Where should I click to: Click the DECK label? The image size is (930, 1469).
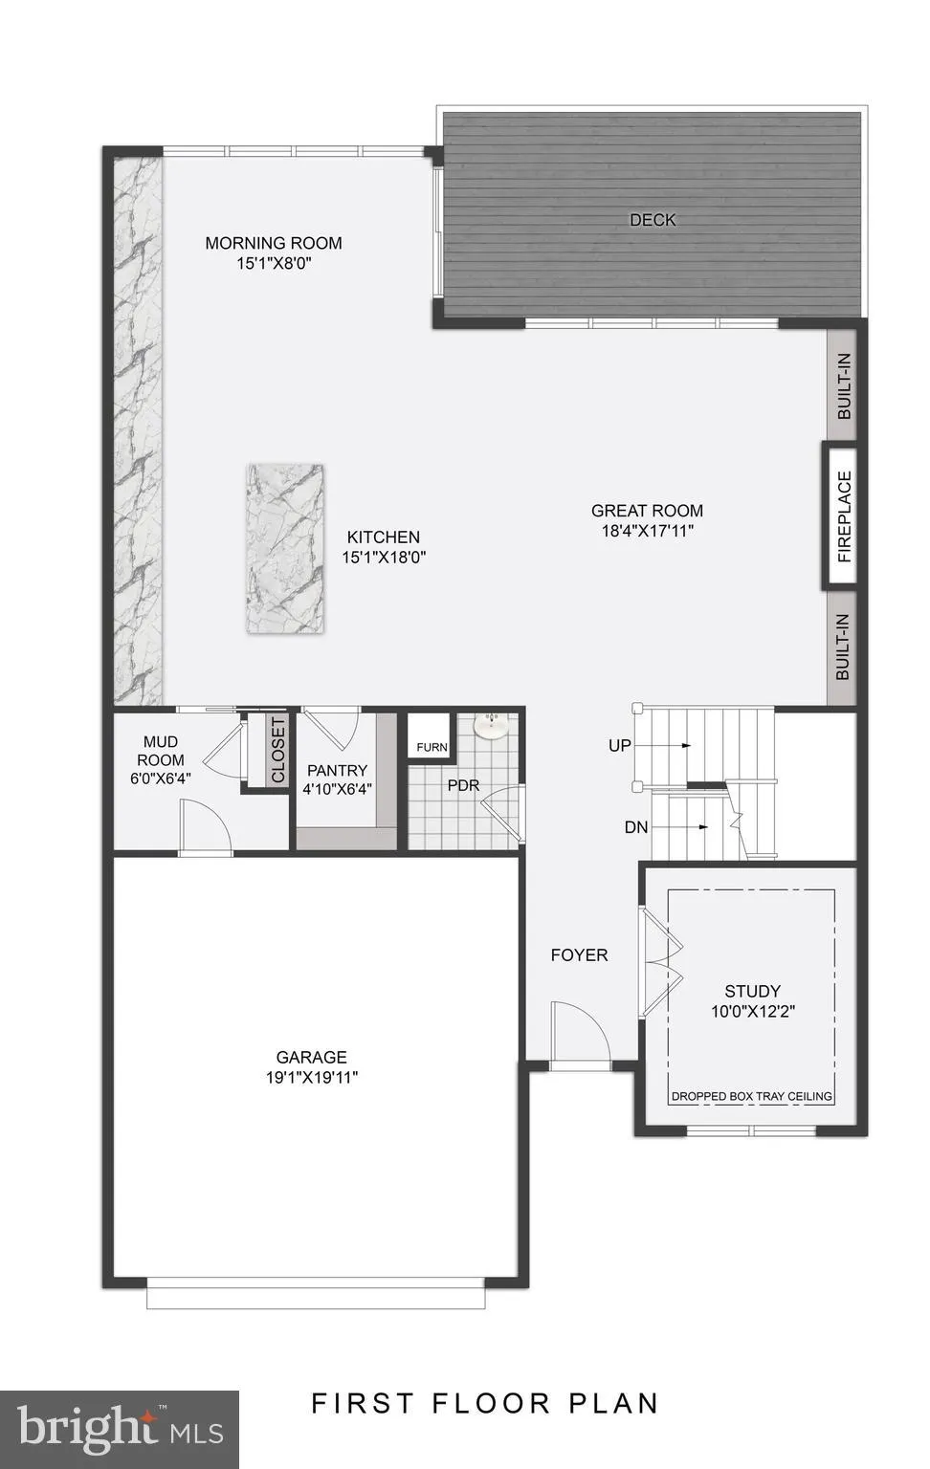(x=653, y=220)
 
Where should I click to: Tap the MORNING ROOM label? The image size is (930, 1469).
(x=274, y=243)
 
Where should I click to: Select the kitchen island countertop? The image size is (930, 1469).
(x=284, y=549)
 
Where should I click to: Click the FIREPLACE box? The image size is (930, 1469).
(x=843, y=516)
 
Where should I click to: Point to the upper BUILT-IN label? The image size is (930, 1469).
(x=844, y=386)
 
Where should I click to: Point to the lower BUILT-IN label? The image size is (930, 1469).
(x=843, y=647)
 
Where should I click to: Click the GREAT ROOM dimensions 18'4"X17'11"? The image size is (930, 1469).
(x=647, y=531)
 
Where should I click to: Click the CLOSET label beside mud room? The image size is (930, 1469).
(x=277, y=750)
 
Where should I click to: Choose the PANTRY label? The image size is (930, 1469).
(x=337, y=771)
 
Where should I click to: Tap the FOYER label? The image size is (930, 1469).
(x=579, y=954)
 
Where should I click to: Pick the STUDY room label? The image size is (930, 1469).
(x=752, y=991)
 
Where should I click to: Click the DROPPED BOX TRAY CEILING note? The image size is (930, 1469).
(x=752, y=1096)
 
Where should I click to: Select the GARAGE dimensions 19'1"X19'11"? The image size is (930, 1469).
(x=312, y=1077)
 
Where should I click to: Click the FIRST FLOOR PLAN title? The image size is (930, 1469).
(x=485, y=1403)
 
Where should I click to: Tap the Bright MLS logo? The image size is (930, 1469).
(x=120, y=1429)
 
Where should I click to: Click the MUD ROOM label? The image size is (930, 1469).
(x=160, y=751)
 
